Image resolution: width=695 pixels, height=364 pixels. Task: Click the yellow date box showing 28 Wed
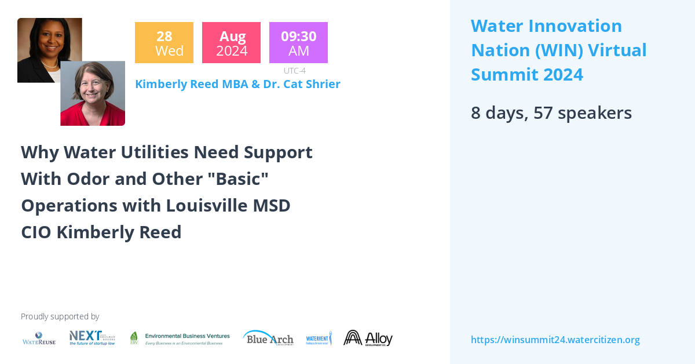tap(164, 43)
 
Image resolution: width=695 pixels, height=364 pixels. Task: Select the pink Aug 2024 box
tap(231, 43)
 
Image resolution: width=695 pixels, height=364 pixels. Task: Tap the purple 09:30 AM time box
tap(298, 43)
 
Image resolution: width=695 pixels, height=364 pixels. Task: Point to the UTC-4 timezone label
tap(295, 71)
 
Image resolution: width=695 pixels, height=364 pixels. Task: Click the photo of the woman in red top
tap(93, 94)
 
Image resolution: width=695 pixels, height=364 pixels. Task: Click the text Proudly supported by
tap(60, 316)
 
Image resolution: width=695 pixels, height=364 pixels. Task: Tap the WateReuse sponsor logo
tap(39, 338)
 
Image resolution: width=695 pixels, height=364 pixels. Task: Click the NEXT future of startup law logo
tap(92, 338)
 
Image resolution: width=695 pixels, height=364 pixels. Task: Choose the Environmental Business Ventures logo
tap(180, 338)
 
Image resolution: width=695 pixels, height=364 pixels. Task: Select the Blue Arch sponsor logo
tap(268, 338)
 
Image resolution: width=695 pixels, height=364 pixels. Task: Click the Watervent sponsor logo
tap(319, 338)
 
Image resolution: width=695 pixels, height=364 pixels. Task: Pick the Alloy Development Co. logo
tap(368, 338)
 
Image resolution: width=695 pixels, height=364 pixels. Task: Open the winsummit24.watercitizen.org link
tap(555, 340)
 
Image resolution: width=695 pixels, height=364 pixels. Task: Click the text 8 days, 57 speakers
tap(551, 112)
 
